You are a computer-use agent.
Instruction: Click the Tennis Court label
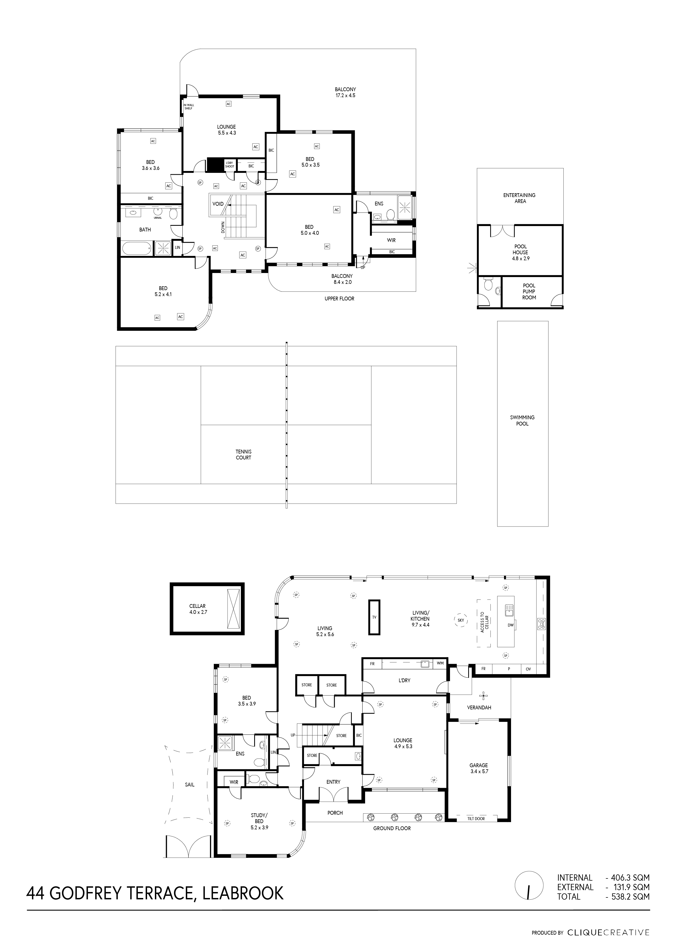[244, 455]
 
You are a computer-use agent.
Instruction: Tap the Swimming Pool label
[522, 420]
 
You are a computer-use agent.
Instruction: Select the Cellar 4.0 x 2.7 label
[198, 609]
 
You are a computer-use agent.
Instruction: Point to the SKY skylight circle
[461, 620]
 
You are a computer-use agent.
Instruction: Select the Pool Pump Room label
[529, 291]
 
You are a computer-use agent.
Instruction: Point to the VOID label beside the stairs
[218, 204]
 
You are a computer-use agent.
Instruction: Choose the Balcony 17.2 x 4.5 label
[345, 92]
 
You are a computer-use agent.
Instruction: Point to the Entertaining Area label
[520, 198]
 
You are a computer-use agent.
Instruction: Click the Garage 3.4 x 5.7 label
[479, 768]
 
